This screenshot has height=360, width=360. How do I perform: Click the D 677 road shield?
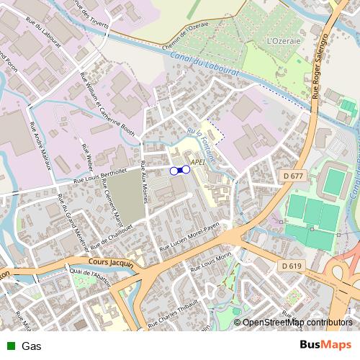[292, 176]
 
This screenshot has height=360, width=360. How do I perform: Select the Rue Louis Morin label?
[210, 264]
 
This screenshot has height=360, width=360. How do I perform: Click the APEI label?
[198, 163]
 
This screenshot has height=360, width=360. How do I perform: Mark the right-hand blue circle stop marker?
[186, 170]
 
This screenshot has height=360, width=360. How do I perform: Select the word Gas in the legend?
[30, 346]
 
